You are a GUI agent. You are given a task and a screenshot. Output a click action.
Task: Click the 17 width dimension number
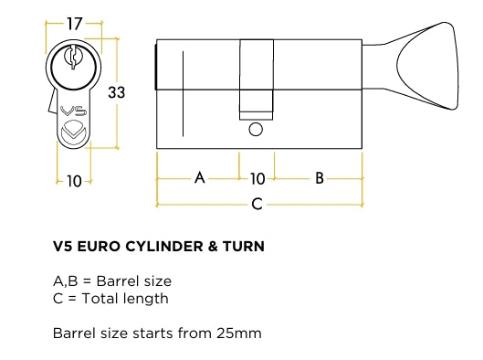(x=75, y=24)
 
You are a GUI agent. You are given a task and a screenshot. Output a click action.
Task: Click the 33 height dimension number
(x=117, y=92)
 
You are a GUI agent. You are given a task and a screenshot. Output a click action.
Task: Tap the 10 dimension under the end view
(x=74, y=181)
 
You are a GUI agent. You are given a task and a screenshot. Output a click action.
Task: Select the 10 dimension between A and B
(x=257, y=179)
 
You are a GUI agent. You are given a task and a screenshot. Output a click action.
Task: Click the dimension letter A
(x=200, y=177)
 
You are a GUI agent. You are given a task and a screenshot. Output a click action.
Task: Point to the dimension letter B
(x=320, y=178)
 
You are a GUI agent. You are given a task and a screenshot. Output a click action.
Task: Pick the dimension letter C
(x=257, y=204)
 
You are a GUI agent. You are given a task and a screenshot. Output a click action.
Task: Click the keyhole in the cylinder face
(x=73, y=57)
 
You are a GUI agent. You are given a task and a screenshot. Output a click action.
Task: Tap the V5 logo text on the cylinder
(x=73, y=111)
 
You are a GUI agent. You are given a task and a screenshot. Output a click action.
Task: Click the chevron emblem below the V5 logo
(x=74, y=132)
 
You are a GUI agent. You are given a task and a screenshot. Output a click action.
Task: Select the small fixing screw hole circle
(x=256, y=130)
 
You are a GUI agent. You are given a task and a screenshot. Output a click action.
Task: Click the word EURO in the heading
(x=99, y=247)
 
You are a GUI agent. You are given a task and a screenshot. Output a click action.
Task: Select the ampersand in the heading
(x=213, y=247)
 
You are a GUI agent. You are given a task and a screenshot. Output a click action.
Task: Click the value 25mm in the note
(x=239, y=334)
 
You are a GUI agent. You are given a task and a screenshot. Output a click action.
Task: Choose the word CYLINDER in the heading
(x=164, y=247)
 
